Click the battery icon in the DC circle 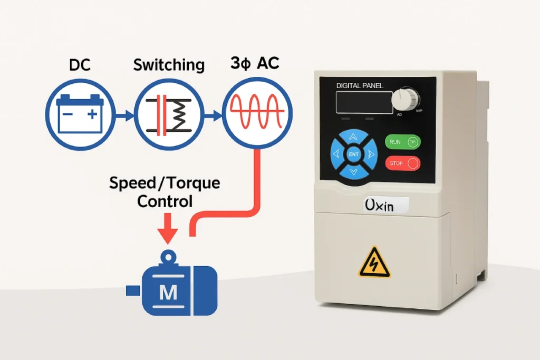tap(80, 113)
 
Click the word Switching tap(169, 65)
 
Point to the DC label tap(80, 65)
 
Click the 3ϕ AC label tap(255, 64)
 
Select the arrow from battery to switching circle tap(124, 114)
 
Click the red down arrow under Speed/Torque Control tap(168, 227)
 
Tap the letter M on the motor tap(168, 293)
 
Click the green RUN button tap(403, 141)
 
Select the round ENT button tap(353, 154)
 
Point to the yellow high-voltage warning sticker tap(375, 262)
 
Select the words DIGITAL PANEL tap(360, 85)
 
